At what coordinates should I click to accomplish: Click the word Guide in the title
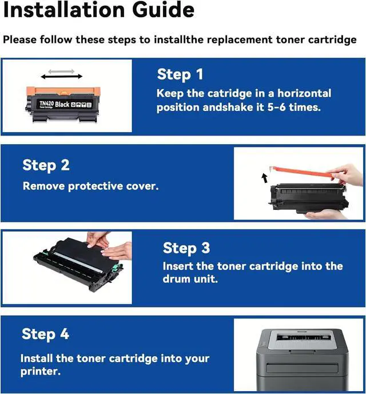point(163,10)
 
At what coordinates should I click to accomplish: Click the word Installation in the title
point(64,10)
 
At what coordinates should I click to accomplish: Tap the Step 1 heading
point(180,75)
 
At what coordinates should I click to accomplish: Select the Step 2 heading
point(46,166)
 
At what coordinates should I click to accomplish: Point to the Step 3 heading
point(186,248)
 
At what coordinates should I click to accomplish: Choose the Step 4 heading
point(45,334)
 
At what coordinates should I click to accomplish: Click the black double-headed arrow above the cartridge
point(62,77)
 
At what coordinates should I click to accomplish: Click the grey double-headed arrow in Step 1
point(61,71)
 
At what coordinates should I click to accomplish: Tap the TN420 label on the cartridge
point(46,103)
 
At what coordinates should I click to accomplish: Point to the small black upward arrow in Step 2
point(264,178)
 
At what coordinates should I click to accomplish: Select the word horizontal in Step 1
point(304,93)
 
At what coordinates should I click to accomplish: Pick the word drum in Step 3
point(176,279)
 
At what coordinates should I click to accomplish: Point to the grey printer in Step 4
point(301,360)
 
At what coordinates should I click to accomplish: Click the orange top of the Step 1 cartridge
point(63,91)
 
